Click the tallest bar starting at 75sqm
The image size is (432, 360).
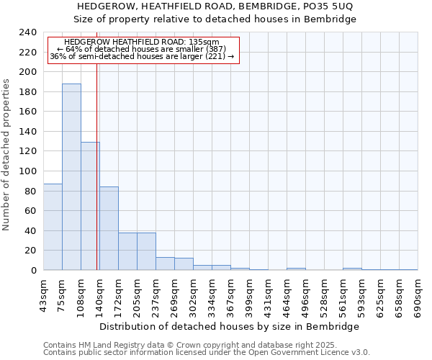coord(71,176)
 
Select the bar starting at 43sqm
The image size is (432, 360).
coord(53,227)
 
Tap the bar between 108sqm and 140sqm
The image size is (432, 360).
coord(90,206)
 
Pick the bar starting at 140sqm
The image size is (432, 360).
coord(109,228)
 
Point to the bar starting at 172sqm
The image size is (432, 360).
coord(127,251)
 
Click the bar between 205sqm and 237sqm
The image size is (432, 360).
coord(146,251)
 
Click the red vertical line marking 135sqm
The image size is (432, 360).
coord(96,180)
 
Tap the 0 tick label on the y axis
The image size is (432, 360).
coord(33,271)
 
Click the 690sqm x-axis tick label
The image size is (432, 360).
coord(418,294)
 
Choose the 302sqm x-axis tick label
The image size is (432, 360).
coord(193,294)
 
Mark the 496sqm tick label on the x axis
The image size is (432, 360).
coord(305,294)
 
